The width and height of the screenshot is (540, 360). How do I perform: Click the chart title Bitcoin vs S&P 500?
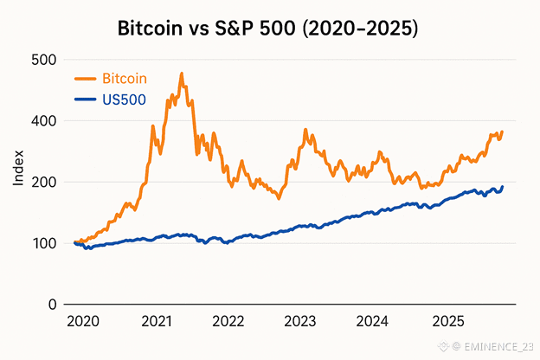tap(268, 29)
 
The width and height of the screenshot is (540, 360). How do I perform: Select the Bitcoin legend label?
tap(125, 79)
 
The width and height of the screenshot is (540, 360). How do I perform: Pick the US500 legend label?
tap(124, 100)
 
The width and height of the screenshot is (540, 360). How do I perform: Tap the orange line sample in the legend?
tap(86, 79)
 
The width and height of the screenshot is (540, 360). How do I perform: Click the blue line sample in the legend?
tap(86, 100)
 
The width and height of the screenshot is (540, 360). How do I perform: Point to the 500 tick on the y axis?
tap(43, 60)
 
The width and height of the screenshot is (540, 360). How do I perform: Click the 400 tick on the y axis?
tap(43, 121)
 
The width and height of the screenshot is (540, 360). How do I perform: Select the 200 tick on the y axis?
tap(43, 183)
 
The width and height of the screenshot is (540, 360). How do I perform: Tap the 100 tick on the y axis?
tap(43, 243)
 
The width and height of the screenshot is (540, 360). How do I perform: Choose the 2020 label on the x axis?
tap(83, 322)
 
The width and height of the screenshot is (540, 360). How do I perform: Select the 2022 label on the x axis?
tap(228, 322)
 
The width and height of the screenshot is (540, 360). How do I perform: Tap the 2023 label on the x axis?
tap(299, 322)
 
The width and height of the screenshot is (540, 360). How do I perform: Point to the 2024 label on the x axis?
tap(372, 322)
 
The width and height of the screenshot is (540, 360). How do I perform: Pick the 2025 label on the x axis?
tap(445, 322)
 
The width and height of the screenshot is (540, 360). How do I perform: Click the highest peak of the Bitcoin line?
tap(182, 74)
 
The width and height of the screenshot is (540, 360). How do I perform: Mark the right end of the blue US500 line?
tap(502, 187)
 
